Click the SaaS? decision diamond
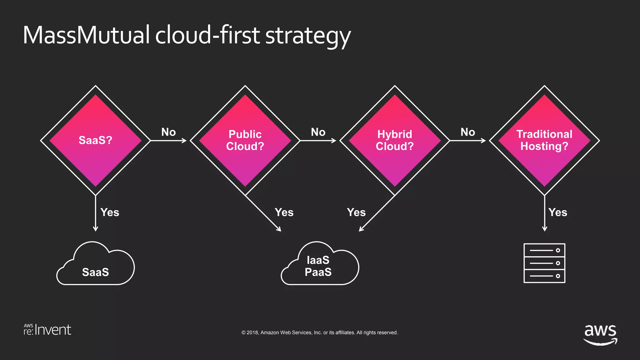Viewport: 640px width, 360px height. coord(95,140)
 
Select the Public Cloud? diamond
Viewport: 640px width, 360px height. coord(245,140)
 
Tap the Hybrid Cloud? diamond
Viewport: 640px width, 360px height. coord(395,140)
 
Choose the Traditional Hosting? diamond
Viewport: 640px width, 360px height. coord(544,140)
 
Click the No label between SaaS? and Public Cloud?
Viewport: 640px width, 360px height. coord(168,132)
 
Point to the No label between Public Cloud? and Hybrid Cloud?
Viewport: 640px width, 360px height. coord(318,132)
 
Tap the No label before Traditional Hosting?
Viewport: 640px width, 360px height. coord(468,132)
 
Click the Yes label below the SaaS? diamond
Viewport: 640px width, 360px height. coord(110,212)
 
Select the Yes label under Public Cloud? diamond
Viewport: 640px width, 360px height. coord(284,212)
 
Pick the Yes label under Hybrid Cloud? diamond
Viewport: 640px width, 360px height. coord(356,212)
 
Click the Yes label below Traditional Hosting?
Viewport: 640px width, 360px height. coord(558,212)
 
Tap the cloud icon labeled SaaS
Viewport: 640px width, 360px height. coord(96,265)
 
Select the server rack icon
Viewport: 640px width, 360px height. coord(544,263)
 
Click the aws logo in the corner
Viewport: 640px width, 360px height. coord(600,334)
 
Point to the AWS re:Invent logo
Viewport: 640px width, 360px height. coord(47,330)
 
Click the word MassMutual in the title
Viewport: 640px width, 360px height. coord(86,35)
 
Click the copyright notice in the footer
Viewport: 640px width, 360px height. coord(319,332)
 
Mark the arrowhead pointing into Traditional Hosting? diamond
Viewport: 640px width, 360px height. coord(484,141)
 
